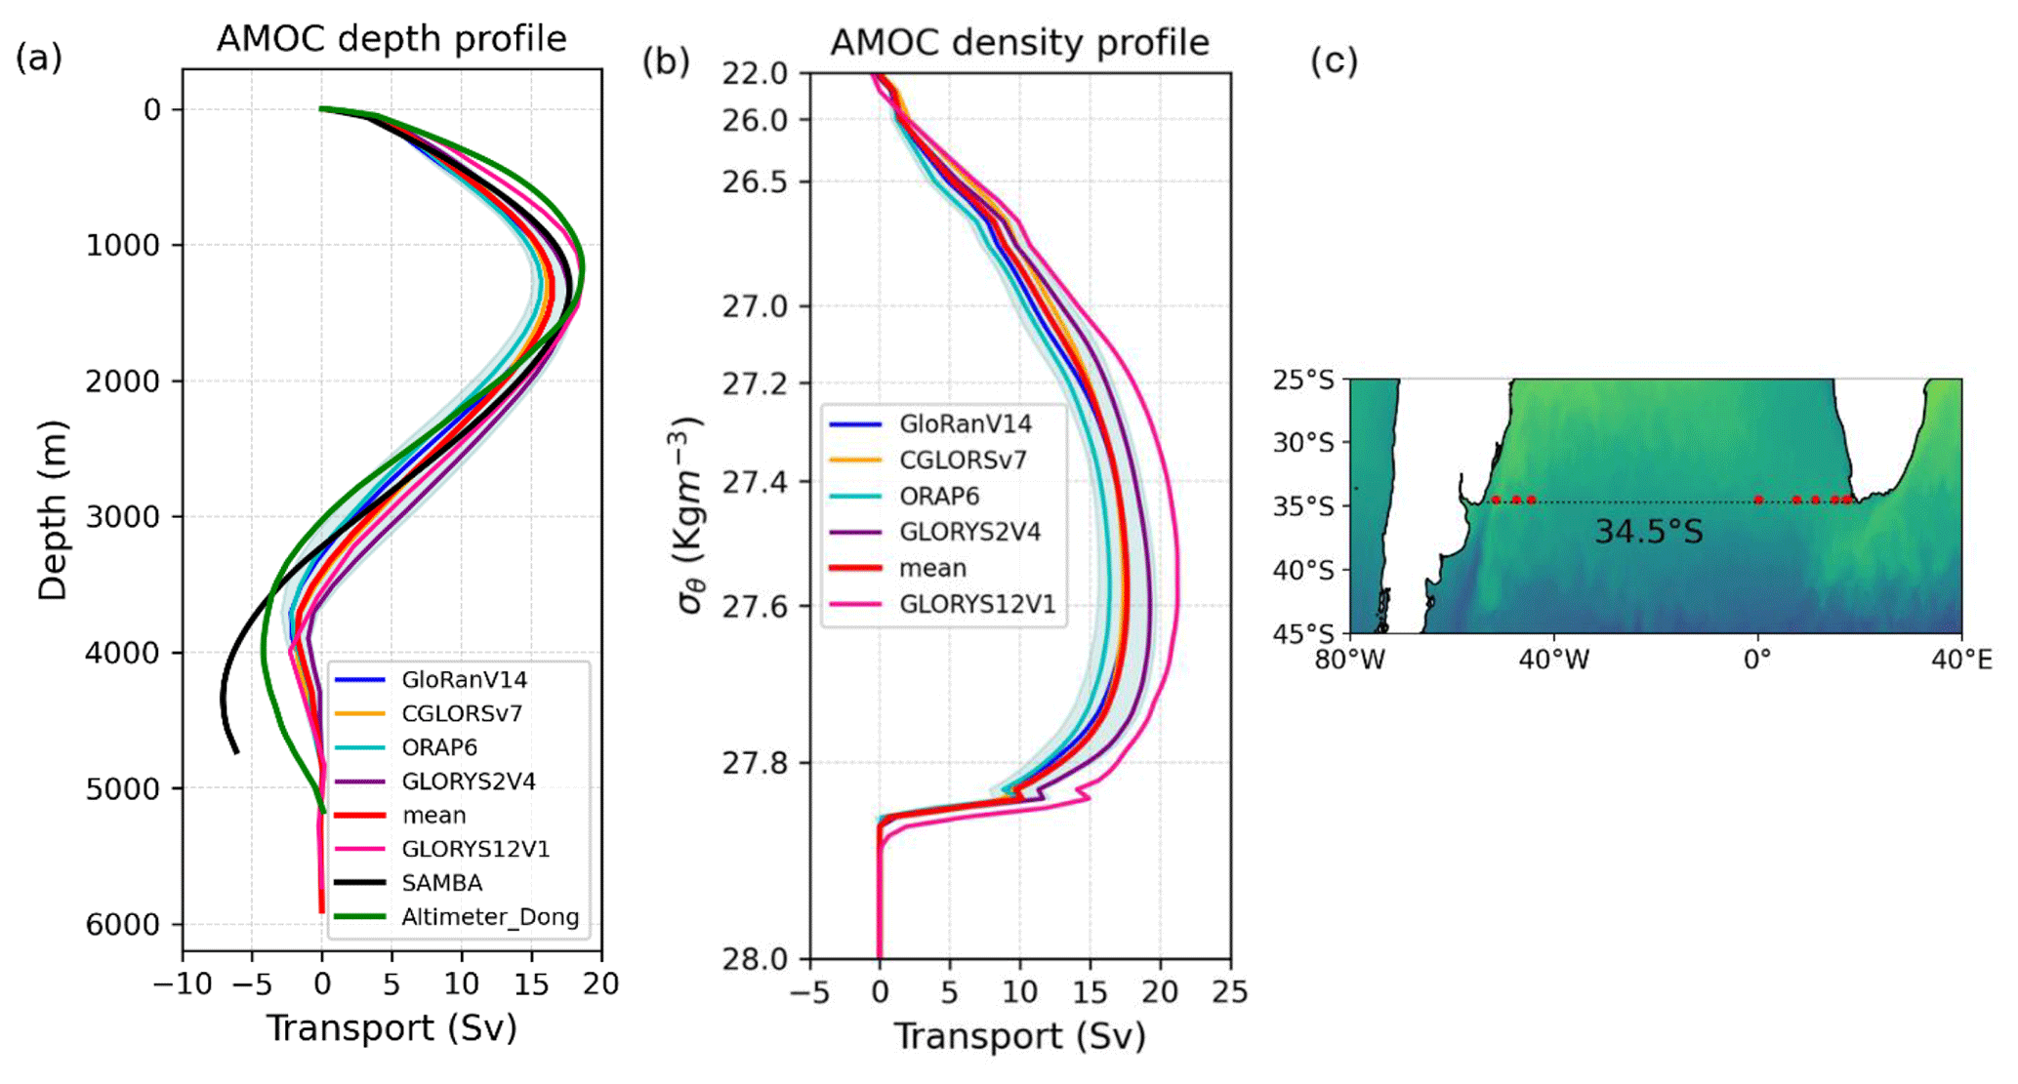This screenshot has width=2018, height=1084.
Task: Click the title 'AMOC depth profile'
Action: (x=391, y=39)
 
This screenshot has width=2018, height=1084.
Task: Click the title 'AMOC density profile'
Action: (x=1019, y=43)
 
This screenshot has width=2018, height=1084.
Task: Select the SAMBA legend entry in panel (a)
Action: (x=441, y=883)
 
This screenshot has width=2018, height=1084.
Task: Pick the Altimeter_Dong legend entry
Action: (x=489, y=917)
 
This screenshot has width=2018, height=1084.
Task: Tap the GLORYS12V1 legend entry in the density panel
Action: (x=976, y=605)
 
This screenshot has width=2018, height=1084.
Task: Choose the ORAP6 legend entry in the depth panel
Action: (x=439, y=747)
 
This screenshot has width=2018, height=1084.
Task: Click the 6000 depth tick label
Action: (x=123, y=925)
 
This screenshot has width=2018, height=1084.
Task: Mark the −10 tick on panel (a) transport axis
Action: (x=183, y=984)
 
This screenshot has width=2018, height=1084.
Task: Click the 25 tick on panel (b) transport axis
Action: (x=1230, y=992)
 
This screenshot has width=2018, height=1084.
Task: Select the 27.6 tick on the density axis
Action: (x=754, y=607)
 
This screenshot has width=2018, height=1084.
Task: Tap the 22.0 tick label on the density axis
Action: (x=754, y=73)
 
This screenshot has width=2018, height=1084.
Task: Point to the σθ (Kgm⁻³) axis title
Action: (x=689, y=514)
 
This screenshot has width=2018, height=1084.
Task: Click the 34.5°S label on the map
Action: (x=1648, y=532)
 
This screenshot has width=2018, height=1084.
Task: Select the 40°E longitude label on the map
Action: (x=1961, y=661)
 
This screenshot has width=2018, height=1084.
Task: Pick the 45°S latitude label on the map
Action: (x=1302, y=634)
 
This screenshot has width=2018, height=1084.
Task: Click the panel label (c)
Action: (x=1334, y=61)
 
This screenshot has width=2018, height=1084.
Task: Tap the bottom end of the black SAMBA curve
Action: (x=236, y=752)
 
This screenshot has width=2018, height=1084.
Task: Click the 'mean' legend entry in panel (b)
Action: (x=932, y=569)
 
